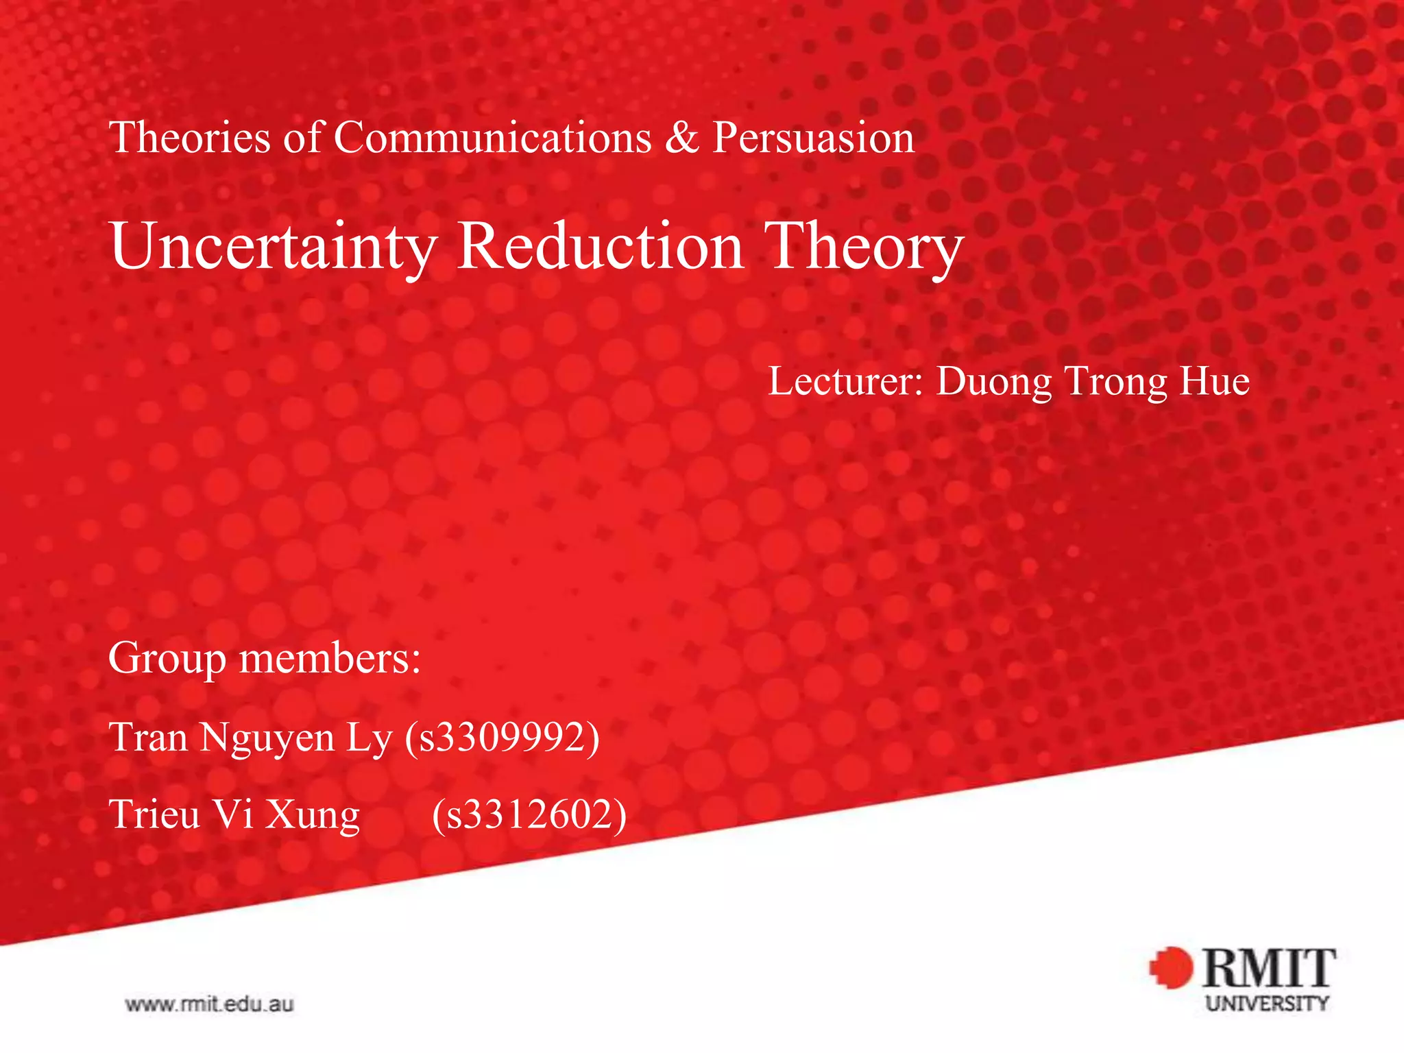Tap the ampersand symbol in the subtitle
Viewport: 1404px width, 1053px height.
[x=681, y=137]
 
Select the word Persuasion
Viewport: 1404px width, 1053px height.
[x=814, y=137]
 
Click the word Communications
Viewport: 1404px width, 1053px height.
[x=492, y=137]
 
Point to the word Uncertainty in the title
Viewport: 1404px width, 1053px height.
[x=274, y=247]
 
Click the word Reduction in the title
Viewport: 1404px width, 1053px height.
[x=601, y=247]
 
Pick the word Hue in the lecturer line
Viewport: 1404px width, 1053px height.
[x=1214, y=381]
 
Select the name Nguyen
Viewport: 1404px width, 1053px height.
[x=267, y=739]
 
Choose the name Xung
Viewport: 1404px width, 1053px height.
[x=313, y=816]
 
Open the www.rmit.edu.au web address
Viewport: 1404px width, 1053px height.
[x=209, y=1005]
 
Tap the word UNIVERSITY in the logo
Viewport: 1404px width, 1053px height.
[x=1268, y=1004]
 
